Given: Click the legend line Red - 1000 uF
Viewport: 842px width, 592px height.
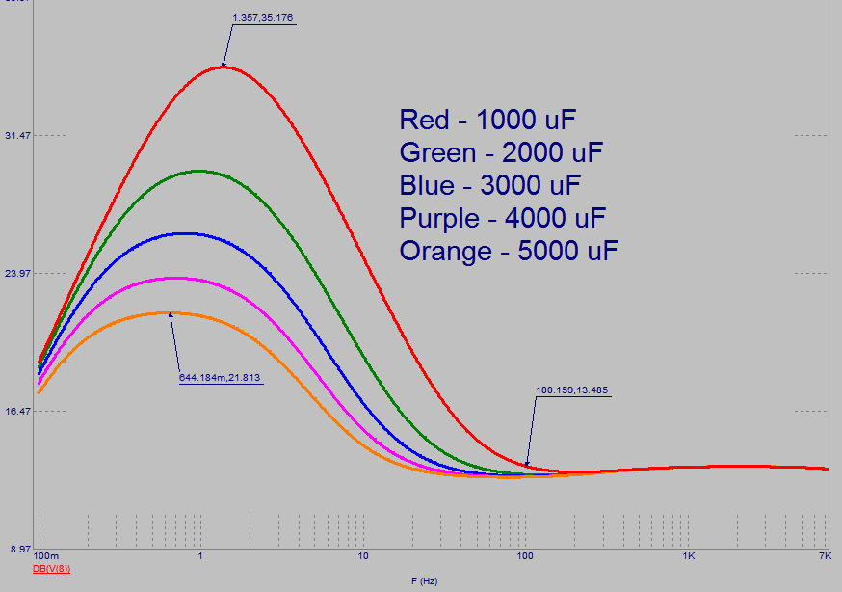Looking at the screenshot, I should (487, 121).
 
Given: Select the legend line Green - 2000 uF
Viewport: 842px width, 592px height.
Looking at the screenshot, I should (501, 153).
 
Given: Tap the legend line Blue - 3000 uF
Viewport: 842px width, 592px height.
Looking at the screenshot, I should (490, 186).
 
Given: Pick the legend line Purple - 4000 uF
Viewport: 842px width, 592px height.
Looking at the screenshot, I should (502, 219).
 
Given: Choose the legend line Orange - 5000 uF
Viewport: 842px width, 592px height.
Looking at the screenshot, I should (509, 252).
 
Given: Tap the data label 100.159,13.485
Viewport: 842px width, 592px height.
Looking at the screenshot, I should (571, 390).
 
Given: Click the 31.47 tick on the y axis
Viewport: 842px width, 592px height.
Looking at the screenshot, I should (18, 136).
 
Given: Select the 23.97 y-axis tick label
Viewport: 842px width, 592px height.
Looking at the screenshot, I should (18, 274).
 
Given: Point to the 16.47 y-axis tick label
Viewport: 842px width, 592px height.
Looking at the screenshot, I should (18, 412).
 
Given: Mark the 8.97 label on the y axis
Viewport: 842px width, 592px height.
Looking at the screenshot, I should (20, 550).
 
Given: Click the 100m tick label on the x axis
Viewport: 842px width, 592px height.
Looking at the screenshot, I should (45, 558).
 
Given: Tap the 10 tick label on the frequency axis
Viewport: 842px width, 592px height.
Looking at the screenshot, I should (363, 558).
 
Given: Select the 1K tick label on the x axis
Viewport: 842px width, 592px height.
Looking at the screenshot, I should (688, 558).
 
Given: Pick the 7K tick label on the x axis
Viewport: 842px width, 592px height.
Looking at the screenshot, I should (825, 558).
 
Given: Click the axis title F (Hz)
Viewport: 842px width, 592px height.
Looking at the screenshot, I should (424, 581).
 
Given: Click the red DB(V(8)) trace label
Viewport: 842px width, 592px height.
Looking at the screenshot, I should (51, 569).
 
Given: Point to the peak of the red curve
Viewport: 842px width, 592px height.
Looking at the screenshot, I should (224, 67).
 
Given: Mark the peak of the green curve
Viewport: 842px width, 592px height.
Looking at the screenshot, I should (198, 171).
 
